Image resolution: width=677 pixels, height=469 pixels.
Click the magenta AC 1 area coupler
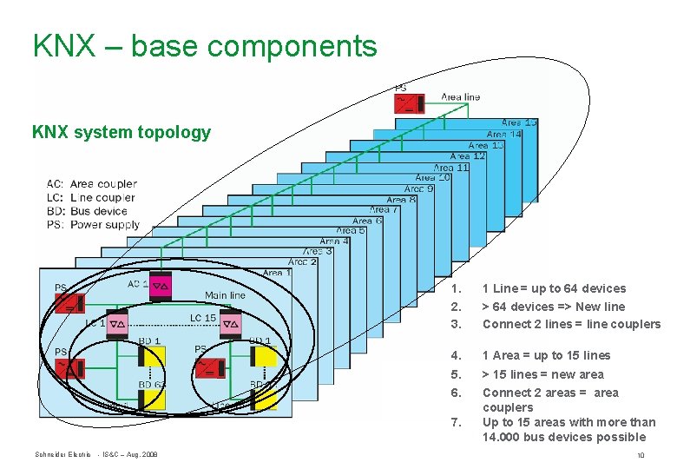(x=161, y=285)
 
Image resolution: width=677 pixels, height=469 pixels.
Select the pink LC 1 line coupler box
(x=117, y=321)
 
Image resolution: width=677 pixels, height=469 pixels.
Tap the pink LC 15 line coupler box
(x=230, y=322)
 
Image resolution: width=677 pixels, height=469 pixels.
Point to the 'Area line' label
(x=460, y=97)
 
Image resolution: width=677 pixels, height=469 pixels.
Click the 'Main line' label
(x=225, y=295)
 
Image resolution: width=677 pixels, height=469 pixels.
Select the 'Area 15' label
(x=519, y=122)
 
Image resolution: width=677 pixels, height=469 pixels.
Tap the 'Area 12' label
(x=467, y=156)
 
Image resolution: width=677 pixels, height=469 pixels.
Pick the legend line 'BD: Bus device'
(x=87, y=211)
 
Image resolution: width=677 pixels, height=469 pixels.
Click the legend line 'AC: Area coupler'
(x=91, y=184)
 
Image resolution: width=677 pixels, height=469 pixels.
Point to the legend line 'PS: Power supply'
(x=92, y=225)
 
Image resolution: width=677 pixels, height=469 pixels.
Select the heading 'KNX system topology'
(x=121, y=133)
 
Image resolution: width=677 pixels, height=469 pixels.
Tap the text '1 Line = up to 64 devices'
(x=554, y=288)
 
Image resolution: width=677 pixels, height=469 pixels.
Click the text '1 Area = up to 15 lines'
(x=546, y=355)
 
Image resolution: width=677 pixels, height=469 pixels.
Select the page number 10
(x=640, y=455)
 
